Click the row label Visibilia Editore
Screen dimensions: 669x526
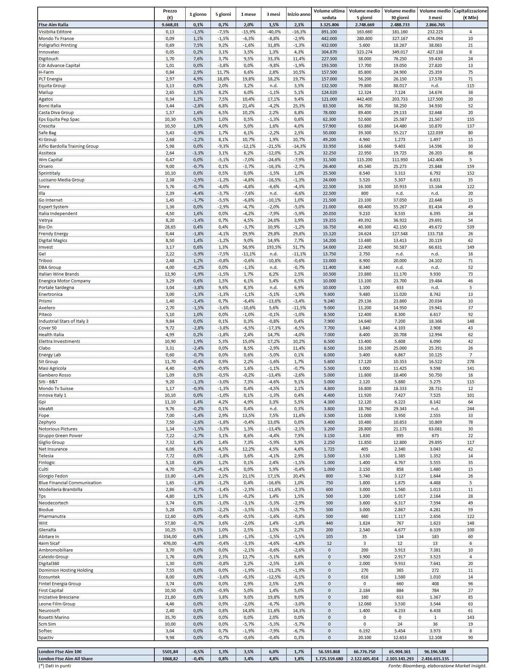pos(55,32)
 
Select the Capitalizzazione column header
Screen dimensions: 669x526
pos(470,14)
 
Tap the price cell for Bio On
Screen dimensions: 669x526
pos(170,227)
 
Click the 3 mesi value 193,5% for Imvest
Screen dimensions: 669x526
pos(273,247)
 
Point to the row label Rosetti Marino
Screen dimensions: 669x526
pos(54,617)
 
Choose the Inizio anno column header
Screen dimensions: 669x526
pos(299,14)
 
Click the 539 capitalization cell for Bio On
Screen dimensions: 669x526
pos(470,227)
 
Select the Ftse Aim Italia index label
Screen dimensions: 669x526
pos(53,25)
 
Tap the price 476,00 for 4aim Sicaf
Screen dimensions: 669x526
pos(170,543)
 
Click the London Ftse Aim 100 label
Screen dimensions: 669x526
pos(60,652)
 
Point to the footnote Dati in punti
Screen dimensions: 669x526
pos(55,665)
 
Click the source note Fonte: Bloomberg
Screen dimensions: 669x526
pos(437,665)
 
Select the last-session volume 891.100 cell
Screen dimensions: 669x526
pos(329,32)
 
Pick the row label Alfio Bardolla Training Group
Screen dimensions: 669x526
pos(69,146)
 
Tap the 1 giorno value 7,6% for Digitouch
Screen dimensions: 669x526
pos(198,59)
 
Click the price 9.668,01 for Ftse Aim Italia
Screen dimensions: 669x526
pos(170,25)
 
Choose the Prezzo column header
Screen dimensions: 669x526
pos(170,14)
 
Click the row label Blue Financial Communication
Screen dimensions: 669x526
pos(70,483)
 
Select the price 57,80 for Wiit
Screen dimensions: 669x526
pos(170,523)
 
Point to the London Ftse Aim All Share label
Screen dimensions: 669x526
pos(66,659)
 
